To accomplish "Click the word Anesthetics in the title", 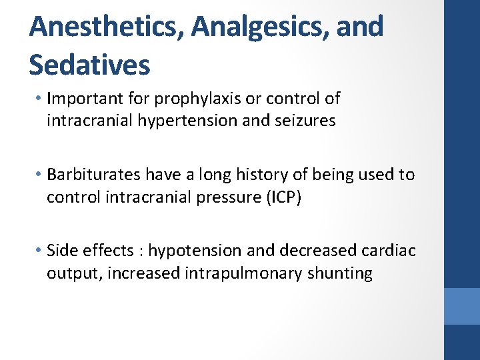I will tap(107, 27).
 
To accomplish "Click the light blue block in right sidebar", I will tap(462, 306).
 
